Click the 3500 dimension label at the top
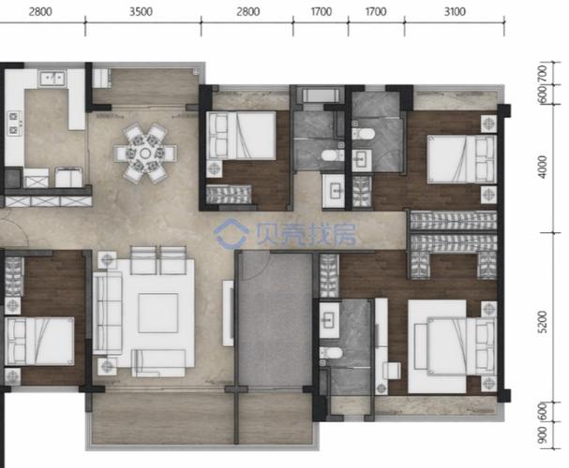click(x=141, y=12)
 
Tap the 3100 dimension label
click(x=455, y=12)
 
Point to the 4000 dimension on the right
click(x=543, y=167)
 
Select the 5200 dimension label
click(x=543, y=322)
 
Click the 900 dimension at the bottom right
click(x=543, y=434)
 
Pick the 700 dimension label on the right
click(x=543, y=74)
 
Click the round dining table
click(x=145, y=154)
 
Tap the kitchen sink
click(x=53, y=79)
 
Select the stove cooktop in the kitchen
click(x=14, y=124)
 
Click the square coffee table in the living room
click(x=157, y=313)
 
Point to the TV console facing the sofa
click(x=228, y=313)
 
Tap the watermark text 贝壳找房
click(x=306, y=234)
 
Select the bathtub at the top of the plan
click(x=321, y=95)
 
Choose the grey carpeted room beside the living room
click(x=275, y=320)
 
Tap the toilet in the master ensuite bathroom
click(x=331, y=353)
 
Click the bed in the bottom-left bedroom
click(x=39, y=341)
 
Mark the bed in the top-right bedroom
click(x=461, y=159)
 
